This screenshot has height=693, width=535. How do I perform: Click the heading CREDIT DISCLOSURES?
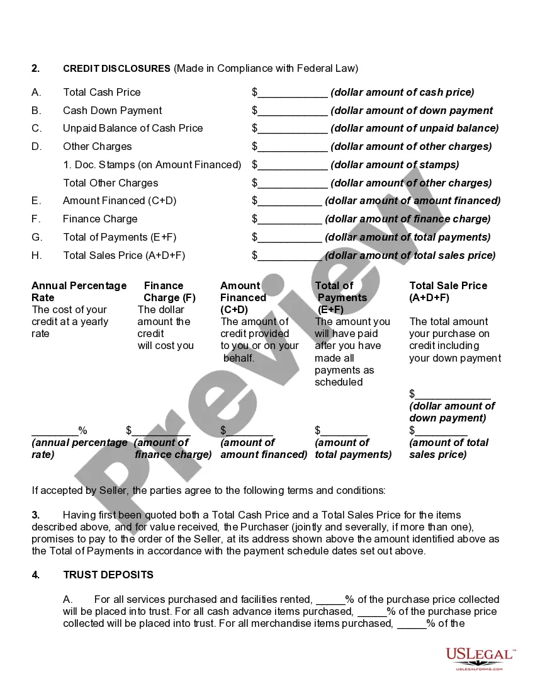pyautogui.click(x=116, y=68)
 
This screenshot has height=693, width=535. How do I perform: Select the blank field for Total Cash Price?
pyautogui.click(x=293, y=93)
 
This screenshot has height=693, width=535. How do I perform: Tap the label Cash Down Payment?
pyautogui.click(x=112, y=110)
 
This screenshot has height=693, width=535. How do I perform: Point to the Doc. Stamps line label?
pyautogui.click(x=152, y=164)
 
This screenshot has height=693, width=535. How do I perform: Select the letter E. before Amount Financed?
pyautogui.click(x=36, y=200)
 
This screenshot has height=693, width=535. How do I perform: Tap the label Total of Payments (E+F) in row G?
pyautogui.click(x=120, y=237)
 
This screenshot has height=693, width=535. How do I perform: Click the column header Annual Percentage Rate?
pyautogui.click(x=79, y=291)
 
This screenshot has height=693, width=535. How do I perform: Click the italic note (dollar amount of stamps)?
pyautogui.click(x=395, y=164)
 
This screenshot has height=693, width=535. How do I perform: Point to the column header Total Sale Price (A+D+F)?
pyautogui.click(x=448, y=291)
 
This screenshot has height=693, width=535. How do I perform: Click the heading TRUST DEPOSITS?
pyautogui.click(x=108, y=575)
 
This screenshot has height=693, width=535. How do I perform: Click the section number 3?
pyautogui.click(x=35, y=515)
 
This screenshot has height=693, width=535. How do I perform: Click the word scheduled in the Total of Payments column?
pyautogui.click(x=339, y=382)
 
